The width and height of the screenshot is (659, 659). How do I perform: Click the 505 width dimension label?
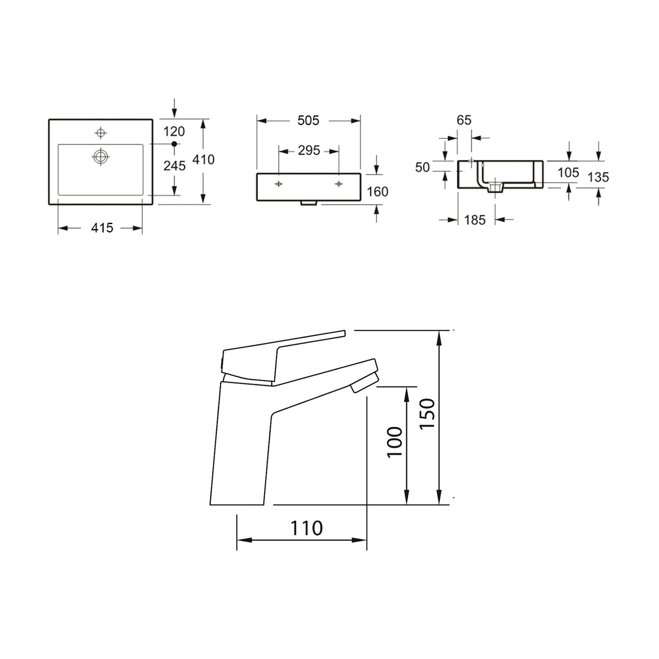(308, 121)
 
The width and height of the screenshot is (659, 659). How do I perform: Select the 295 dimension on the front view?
(309, 151)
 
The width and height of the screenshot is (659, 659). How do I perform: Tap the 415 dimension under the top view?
(102, 228)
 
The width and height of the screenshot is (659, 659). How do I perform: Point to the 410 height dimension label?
(203, 160)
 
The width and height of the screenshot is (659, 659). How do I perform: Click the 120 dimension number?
(174, 131)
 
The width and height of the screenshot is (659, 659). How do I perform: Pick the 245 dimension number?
(174, 165)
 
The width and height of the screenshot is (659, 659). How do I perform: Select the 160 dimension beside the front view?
(378, 192)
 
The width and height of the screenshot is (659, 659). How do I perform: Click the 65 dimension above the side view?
(464, 121)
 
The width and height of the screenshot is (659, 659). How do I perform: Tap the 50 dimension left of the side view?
(423, 167)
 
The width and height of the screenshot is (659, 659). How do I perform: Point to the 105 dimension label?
(568, 173)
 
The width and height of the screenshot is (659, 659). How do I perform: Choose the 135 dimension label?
(598, 177)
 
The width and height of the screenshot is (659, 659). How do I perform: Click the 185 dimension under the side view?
(474, 220)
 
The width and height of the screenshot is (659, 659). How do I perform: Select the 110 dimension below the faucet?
(306, 528)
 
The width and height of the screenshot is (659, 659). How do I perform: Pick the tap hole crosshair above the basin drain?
(101, 132)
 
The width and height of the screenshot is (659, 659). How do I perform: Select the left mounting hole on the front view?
(279, 184)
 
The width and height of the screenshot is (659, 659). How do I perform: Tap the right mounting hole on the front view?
(338, 184)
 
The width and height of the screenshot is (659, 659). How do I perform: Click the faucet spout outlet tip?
(365, 384)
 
